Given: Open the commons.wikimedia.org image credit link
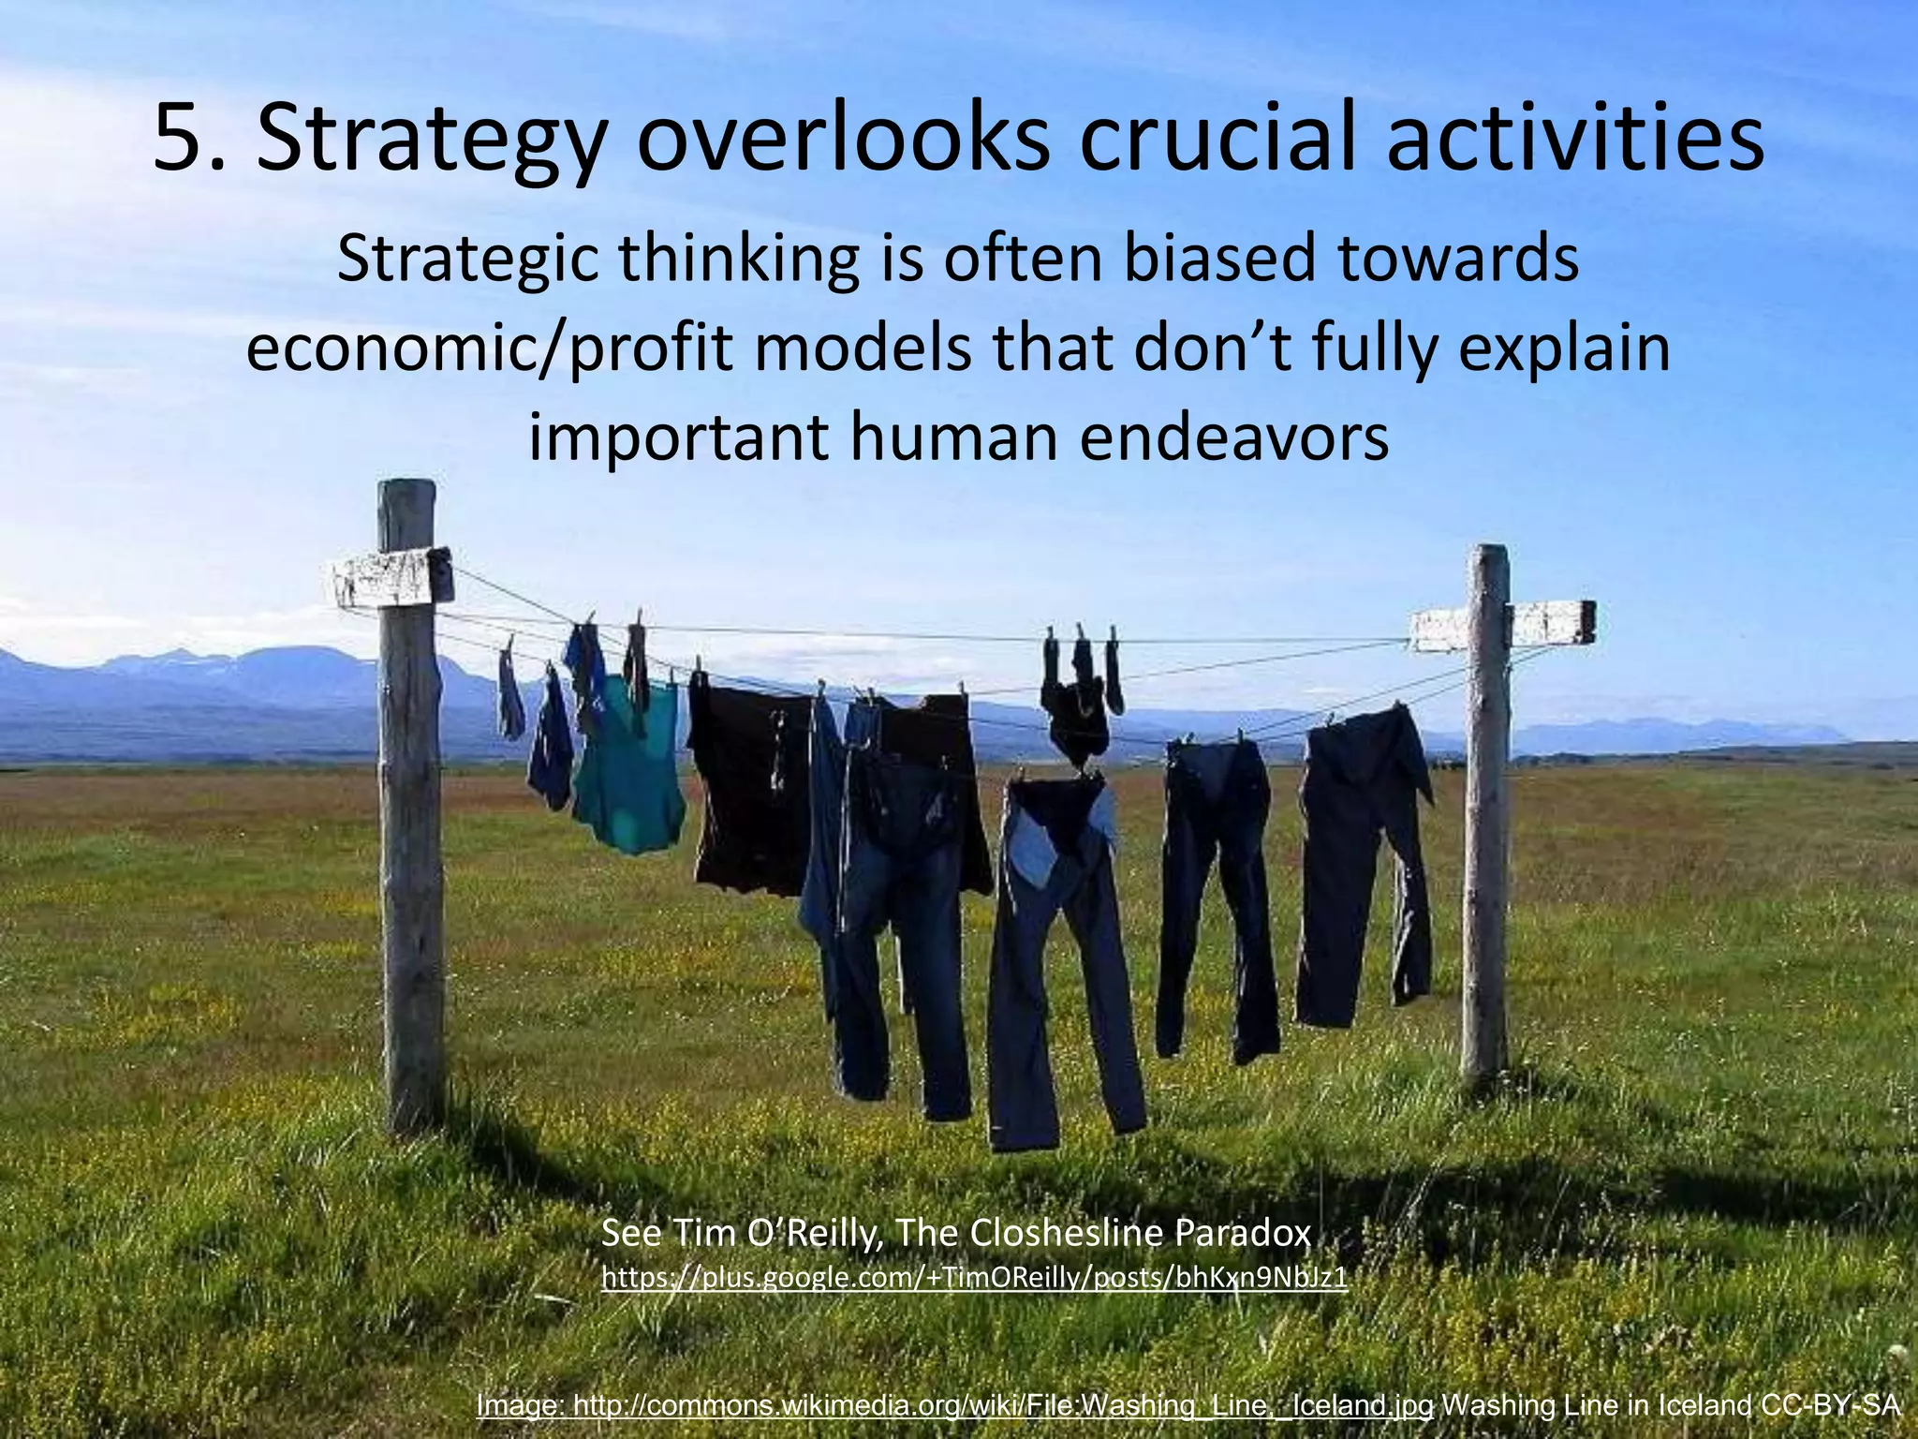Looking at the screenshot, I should coord(955,1405).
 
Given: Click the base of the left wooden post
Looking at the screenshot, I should coord(414,1115).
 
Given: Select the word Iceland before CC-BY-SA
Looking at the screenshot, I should coord(1704,1405).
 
